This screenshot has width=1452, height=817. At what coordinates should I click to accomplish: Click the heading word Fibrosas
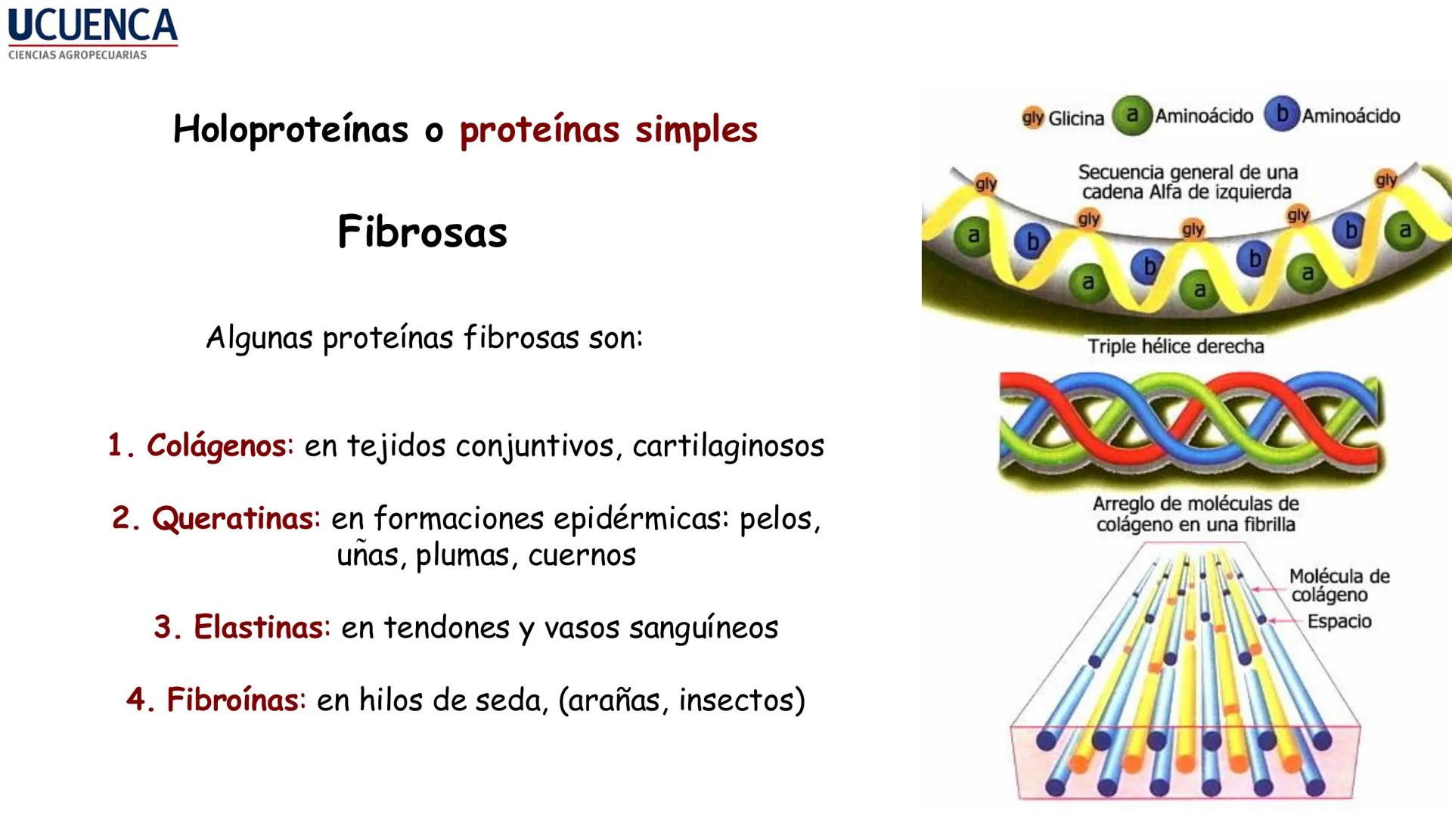pos(422,232)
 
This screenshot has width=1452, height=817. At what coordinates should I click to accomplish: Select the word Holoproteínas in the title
pos(290,129)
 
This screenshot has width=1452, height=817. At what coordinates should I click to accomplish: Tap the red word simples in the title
pos(696,129)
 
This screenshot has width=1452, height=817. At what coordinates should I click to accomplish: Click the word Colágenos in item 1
pos(216,446)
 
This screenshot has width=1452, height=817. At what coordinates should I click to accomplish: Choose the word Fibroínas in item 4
pos(232,700)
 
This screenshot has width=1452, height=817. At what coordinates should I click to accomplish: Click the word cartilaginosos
pos(728,446)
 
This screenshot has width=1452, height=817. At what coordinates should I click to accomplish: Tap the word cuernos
pos(582,556)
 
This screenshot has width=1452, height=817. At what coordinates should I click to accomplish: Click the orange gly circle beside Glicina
pos(1032,117)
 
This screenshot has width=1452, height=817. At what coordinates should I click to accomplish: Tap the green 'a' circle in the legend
pos(1131,115)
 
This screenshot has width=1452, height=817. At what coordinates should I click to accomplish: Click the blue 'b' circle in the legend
pos(1282,114)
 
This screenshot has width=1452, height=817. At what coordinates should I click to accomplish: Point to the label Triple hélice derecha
pos(1175,346)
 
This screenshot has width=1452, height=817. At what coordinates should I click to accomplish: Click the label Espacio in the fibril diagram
pos(1339,622)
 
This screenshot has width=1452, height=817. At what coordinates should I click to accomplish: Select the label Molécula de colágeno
pos(1339,586)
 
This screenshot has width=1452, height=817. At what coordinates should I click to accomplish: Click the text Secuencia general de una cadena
pos(1187,182)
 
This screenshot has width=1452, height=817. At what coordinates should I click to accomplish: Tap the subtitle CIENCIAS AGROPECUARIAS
pos(77,55)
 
